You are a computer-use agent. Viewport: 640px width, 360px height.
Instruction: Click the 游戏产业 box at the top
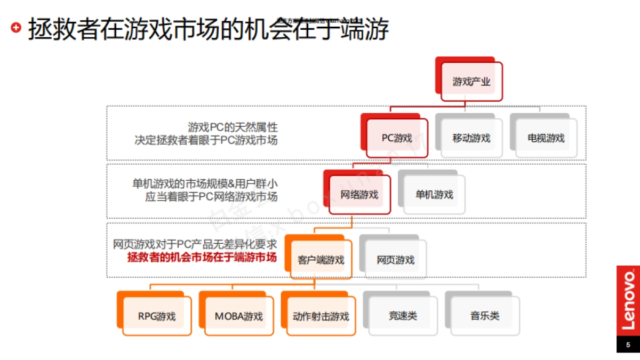coord(471,82)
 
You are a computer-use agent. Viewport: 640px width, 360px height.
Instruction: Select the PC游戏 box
coord(397,138)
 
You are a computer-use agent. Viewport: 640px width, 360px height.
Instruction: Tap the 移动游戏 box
coord(471,138)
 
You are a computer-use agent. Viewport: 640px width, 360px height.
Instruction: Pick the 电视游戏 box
coord(546,138)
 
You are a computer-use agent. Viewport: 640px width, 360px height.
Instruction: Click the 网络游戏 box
coord(359,195)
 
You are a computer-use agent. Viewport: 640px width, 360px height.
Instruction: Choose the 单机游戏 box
coord(434,195)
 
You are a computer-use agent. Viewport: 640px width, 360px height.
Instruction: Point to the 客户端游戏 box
coord(321,260)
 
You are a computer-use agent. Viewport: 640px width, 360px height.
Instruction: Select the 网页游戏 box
coord(396,260)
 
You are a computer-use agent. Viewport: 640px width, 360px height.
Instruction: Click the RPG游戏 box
coord(157,316)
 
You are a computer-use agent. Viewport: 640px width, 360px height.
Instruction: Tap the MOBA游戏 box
coord(239,316)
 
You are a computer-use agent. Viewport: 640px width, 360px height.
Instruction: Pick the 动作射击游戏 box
coord(321,316)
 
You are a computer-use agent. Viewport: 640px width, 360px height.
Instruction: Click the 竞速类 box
coord(403,316)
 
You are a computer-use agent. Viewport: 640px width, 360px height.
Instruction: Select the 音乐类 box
coord(485,316)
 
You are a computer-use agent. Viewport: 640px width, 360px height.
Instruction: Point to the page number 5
coord(628,345)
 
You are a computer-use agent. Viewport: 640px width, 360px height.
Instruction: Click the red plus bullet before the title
coord(17,27)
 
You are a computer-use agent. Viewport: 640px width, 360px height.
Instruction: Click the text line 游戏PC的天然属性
coord(233,127)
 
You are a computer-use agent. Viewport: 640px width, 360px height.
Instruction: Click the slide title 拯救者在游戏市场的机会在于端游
coord(208,29)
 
